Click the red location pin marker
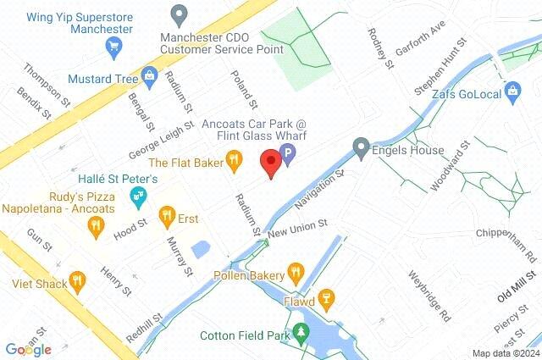[271, 162]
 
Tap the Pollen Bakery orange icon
[295, 273]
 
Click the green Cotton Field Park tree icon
[299, 335]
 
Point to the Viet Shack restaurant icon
[78, 282]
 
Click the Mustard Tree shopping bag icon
[150, 78]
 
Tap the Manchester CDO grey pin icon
[178, 15]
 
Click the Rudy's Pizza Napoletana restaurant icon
[95, 226]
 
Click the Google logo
[28, 349]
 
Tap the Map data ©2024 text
[506, 353]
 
